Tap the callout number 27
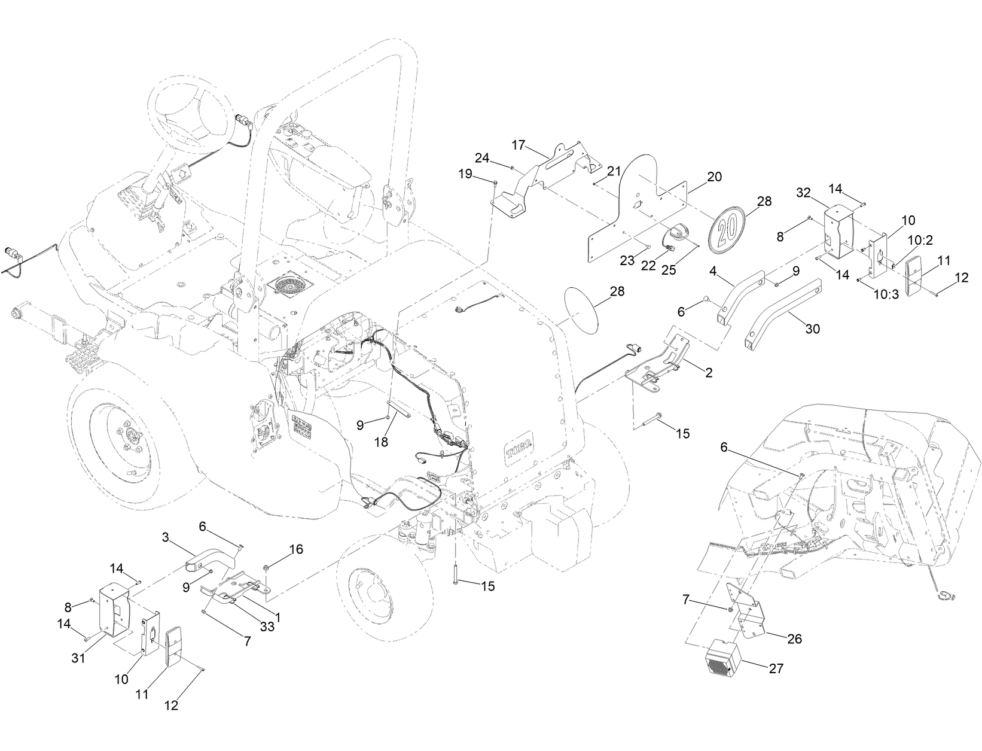[x=776, y=668]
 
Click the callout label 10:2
[x=919, y=240]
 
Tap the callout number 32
[x=803, y=192]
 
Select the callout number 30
[x=813, y=329]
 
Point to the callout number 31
[x=78, y=658]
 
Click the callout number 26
[x=794, y=638]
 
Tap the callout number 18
[x=382, y=442]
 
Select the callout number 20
[x=714, y=177]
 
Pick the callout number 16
[x=297, y=549]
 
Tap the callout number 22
[x=648, y=266]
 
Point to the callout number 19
[x=465, y=174]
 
